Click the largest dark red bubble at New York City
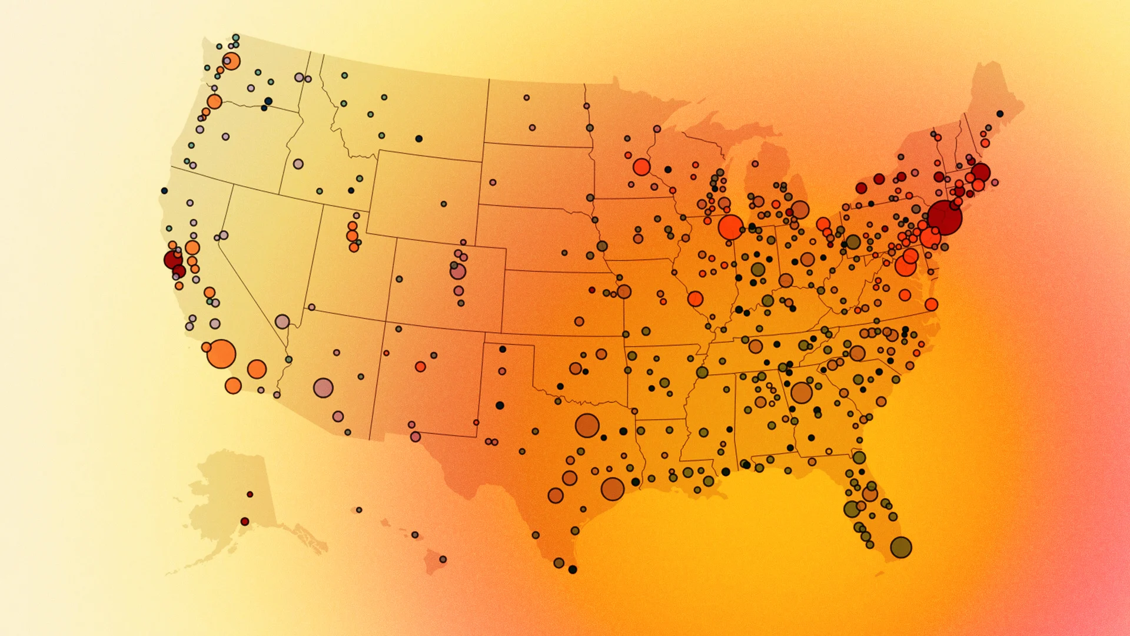point(945,217)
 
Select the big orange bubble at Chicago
point(730,227)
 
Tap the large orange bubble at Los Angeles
point(221,354)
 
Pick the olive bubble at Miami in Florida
point(900,547)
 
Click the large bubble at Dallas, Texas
point(587,425)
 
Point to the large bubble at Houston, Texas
point(612,489)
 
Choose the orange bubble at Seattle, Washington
point(231,61)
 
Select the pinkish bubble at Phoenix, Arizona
point(323,388)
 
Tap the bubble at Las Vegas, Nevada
point(282,322)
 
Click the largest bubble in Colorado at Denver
point(458,271)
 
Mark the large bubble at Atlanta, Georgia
point(801,392)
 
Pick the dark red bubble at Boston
point(981,173)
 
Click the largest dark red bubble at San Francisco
point(173,259)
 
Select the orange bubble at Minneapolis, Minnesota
point(642,167)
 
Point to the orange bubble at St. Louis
point(695,299)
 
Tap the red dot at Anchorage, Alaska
point(245,522)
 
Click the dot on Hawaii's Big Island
point(443,559)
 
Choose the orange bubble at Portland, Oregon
point(214,101)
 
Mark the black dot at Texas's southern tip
point(572,569)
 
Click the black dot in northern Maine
point(1000,114)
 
